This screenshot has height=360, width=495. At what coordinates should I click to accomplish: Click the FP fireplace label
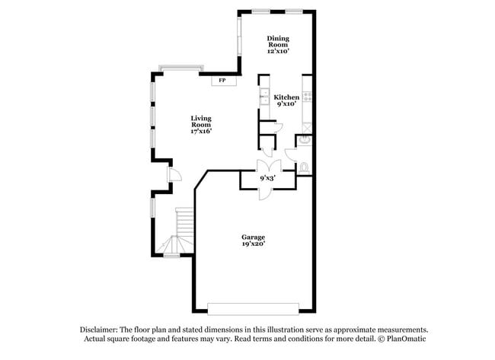[x=222, y=80]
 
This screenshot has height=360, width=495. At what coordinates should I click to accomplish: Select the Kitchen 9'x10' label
[x=286, y=100]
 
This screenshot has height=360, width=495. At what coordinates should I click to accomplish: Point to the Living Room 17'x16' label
[x=201, y=124]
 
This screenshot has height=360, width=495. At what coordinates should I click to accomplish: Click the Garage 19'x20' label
[x=254, y=241]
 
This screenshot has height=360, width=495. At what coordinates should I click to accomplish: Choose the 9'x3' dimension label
[x=267, y=178]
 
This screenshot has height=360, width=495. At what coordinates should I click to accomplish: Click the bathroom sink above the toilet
[x=304, y=139]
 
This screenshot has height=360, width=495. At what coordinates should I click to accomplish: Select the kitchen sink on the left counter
[x=263, y=96]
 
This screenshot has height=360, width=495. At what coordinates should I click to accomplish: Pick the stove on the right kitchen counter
[x=308, y=97]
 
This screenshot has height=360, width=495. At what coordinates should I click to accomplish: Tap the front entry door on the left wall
[x=173, y=177]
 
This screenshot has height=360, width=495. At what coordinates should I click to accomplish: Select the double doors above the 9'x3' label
[x=267, y=166]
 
